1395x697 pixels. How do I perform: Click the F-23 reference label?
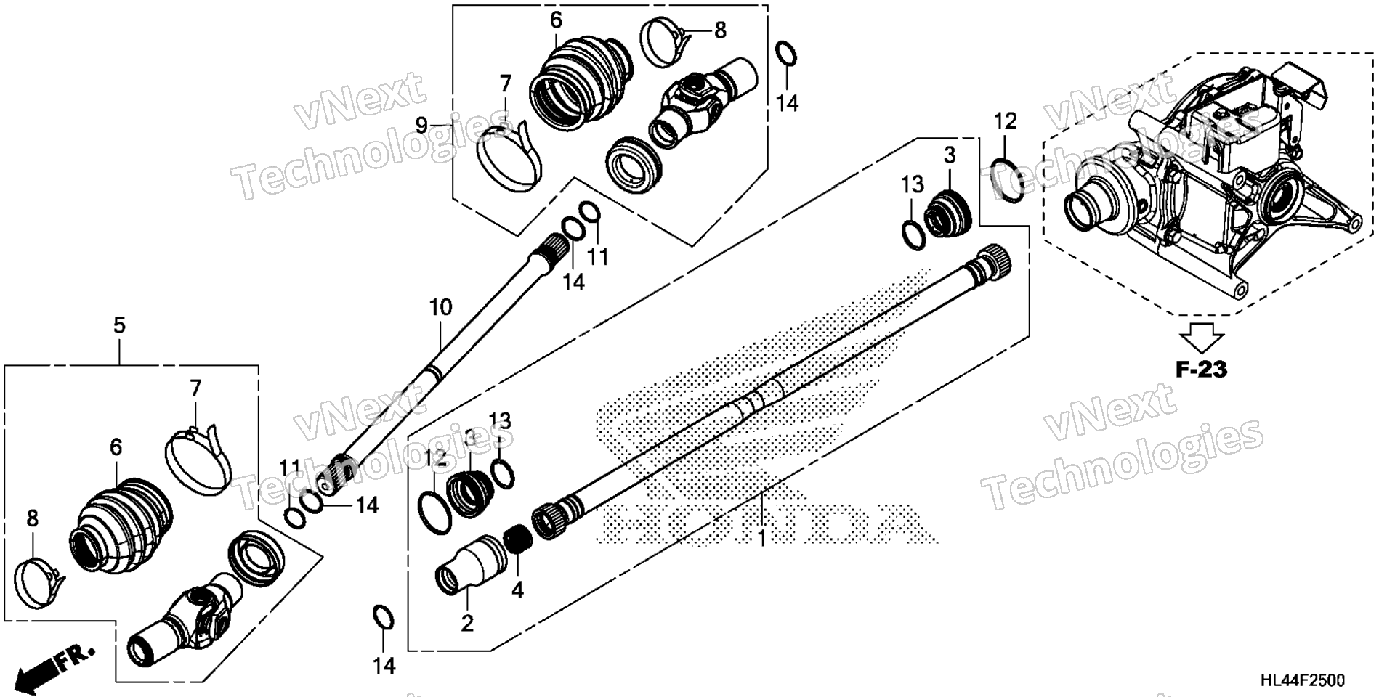[x=1201, y=370]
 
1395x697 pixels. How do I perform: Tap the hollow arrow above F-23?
[x=1201, y=338]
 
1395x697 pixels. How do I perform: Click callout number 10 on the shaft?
[x=440, y=307]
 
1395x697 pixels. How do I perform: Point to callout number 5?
[x=119, y=325]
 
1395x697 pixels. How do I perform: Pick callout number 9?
[x=421, y=126]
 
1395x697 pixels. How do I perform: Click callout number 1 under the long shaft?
[x=761, y=539]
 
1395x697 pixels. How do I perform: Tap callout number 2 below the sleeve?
[x=467, y=622]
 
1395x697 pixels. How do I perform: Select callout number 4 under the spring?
[x=517, y=590]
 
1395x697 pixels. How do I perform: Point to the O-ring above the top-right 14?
[x=785, y=54]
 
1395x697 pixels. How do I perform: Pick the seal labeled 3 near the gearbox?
[x=947, y=212]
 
